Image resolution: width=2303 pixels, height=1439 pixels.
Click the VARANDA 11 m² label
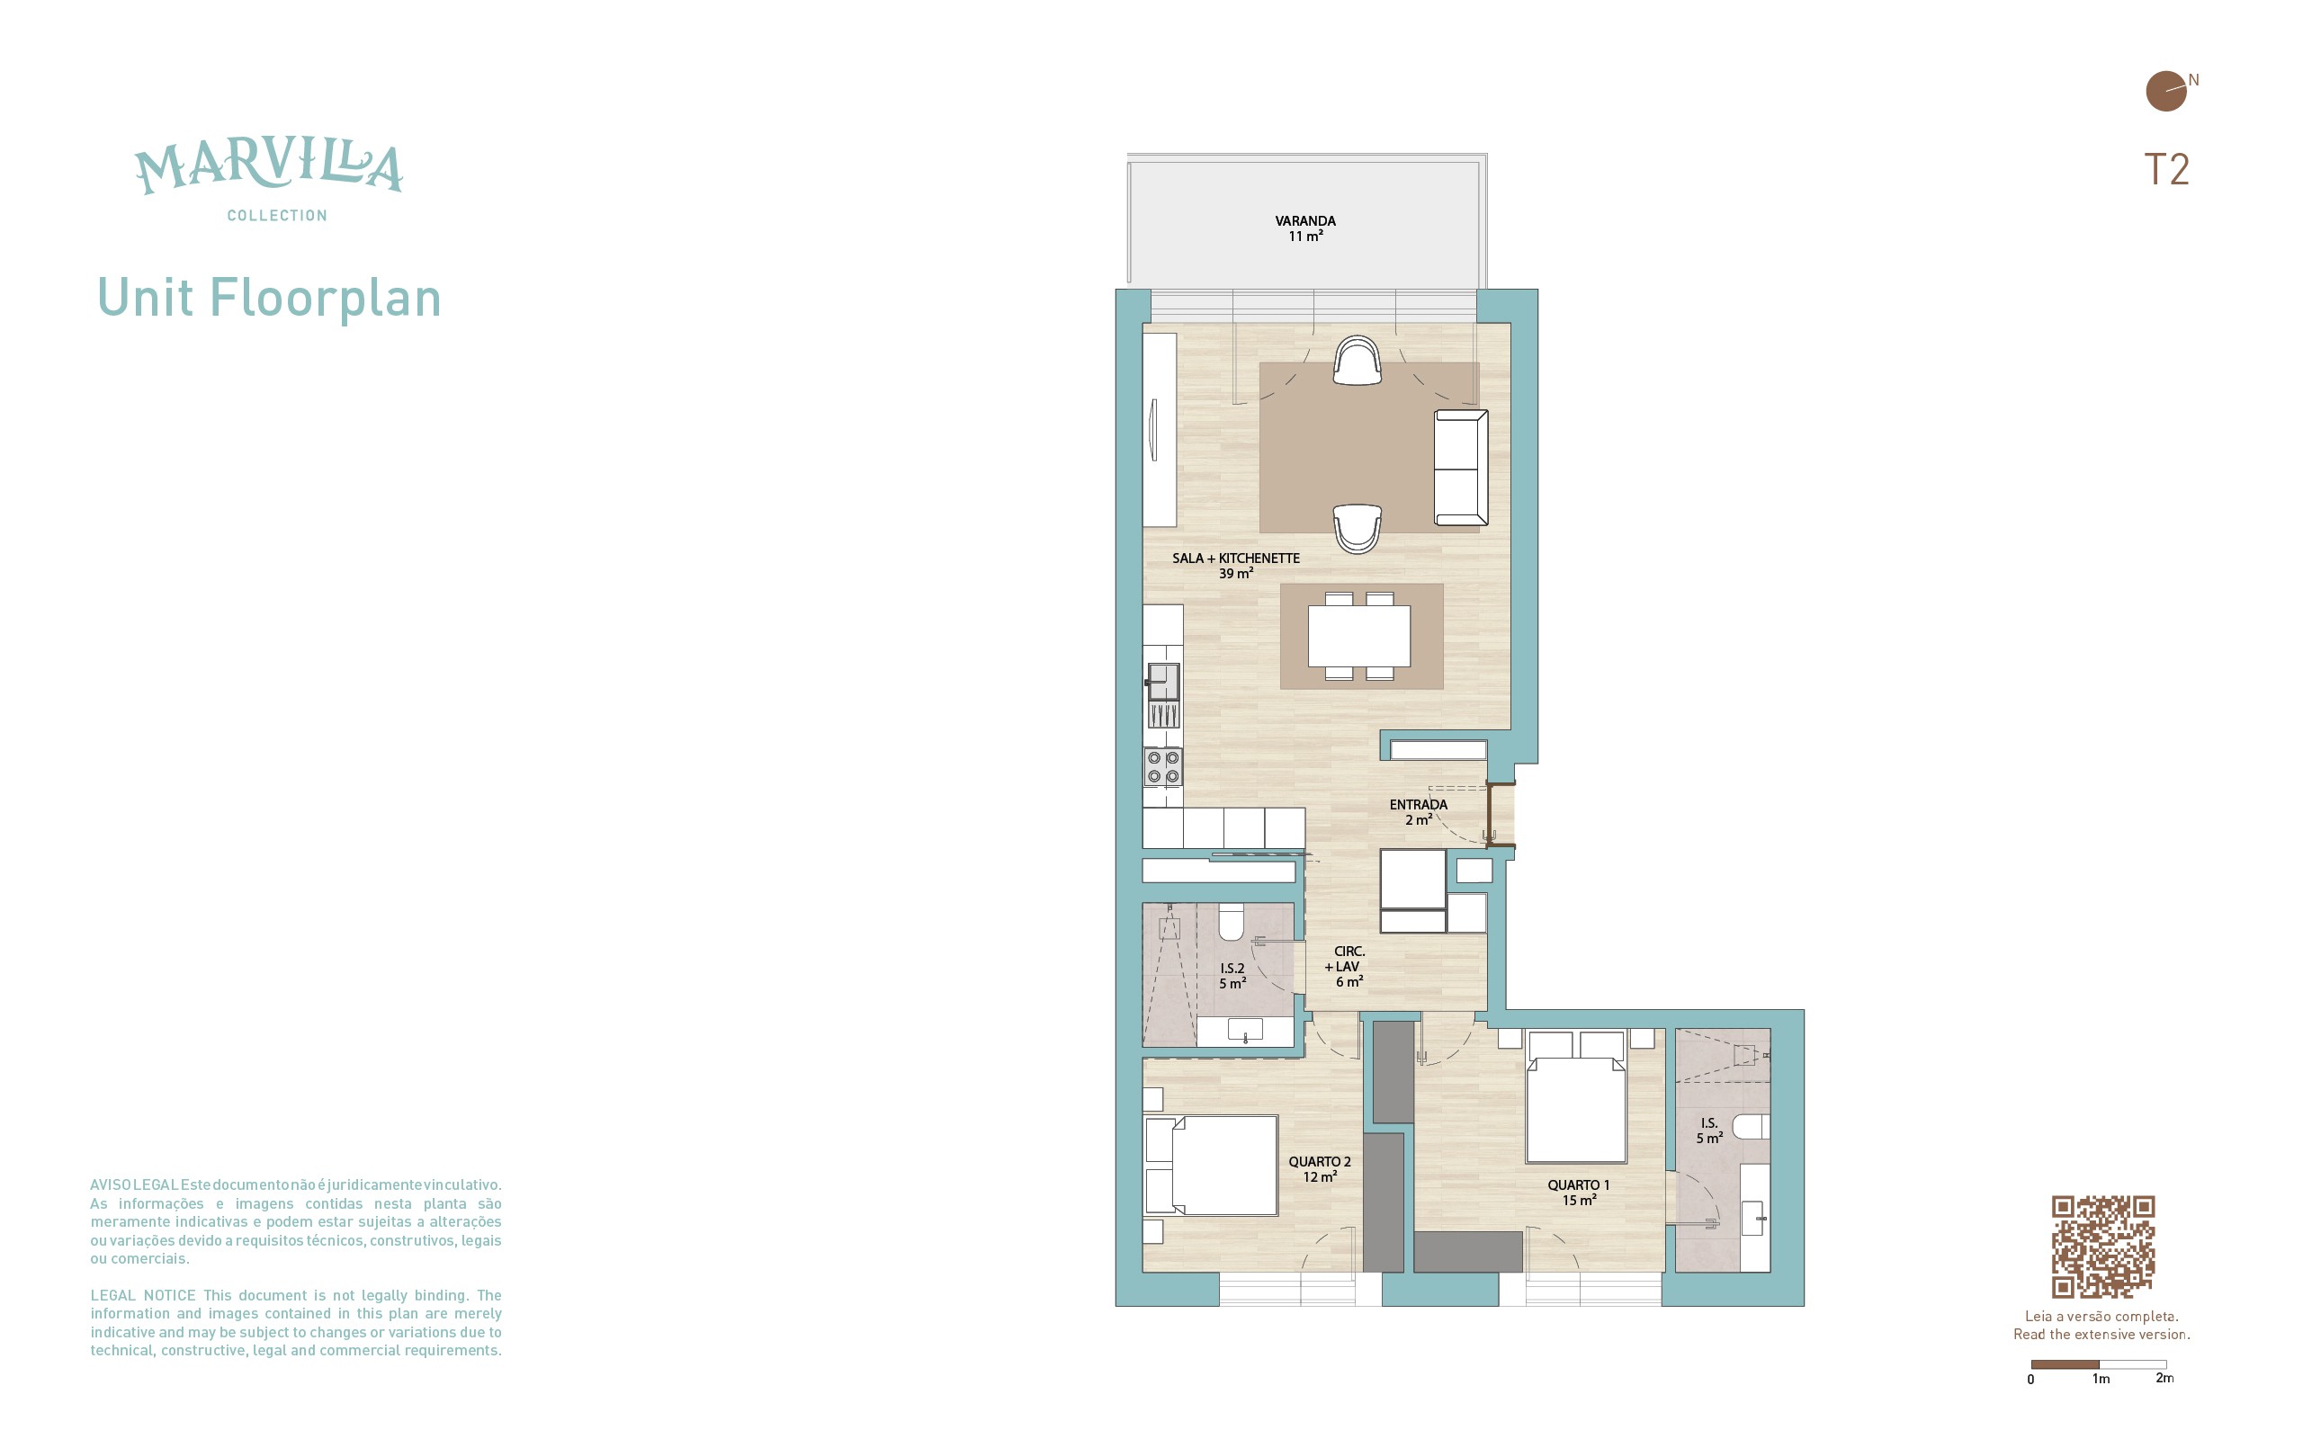(x=1304, y=228)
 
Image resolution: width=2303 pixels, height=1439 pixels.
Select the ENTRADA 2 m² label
(x=1418, y=812)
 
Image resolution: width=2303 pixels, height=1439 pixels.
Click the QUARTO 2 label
(x=1319, y=1162)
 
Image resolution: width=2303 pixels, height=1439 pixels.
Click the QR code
(x=2102, y=1247)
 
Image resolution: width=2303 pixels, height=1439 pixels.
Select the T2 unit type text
(x=2166, y=169)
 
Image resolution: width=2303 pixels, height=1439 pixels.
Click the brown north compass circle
(x=2166, y=92)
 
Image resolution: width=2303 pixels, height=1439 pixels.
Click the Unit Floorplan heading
(x=269, y=298)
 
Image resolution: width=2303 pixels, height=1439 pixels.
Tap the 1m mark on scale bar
(x=2101, y=1378)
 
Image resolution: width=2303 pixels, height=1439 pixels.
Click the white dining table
(x=1359, y=637)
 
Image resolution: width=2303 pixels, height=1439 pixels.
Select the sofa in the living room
(x=1461, y=468)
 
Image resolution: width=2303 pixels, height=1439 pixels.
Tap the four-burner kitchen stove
(x=1163, y=766)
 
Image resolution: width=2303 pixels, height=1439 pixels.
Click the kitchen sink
(x=1163, y=682)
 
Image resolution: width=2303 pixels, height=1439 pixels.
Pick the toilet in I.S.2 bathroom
(x=1232, y=921)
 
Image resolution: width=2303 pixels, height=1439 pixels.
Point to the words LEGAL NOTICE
(x=143, y=1295)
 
